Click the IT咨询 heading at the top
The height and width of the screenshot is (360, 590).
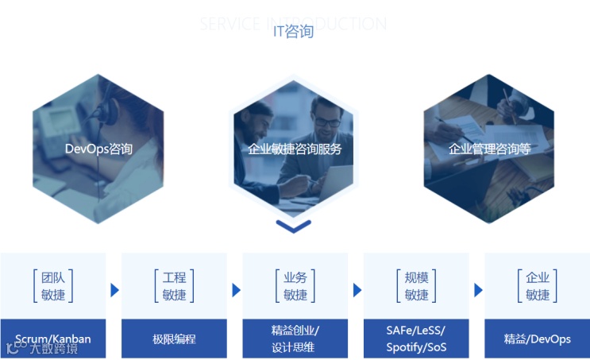click(x=293, y=32)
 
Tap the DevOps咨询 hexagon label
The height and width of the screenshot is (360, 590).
click(x=98, y=149)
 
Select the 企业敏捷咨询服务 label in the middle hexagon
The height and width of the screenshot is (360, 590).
click(x=295, y=149)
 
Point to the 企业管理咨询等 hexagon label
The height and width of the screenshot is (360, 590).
click(x=489, y=149)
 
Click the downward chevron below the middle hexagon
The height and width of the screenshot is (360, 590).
click(x=293, y=226)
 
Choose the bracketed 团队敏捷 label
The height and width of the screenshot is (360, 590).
click(x=53, y=286)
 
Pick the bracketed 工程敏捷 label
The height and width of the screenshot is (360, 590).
click(x=174, y=286)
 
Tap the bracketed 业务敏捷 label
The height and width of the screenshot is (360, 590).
click(x=295, y=286)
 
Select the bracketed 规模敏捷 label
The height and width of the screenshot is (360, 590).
click(x=416, y=286)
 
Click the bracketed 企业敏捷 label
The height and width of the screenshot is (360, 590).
click(x=538, y=286)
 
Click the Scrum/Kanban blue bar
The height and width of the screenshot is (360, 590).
click(x=53, y=339)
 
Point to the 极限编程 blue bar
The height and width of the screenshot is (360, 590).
click(x=174, y=339)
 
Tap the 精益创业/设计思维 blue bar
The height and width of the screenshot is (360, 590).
click(x=295, y=339)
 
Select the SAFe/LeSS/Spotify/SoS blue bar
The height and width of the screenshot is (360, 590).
click(x=416, y=339)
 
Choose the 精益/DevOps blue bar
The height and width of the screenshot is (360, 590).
click(x=538, y=339)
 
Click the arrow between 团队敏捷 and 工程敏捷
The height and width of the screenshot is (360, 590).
click(x=114, y=290)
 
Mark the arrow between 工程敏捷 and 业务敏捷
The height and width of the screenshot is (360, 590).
click(x=236, y=290)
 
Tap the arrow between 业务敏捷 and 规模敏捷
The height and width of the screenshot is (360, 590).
click(x=357, y=290)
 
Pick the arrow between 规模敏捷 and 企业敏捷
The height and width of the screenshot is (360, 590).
click(x=478, y=290)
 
